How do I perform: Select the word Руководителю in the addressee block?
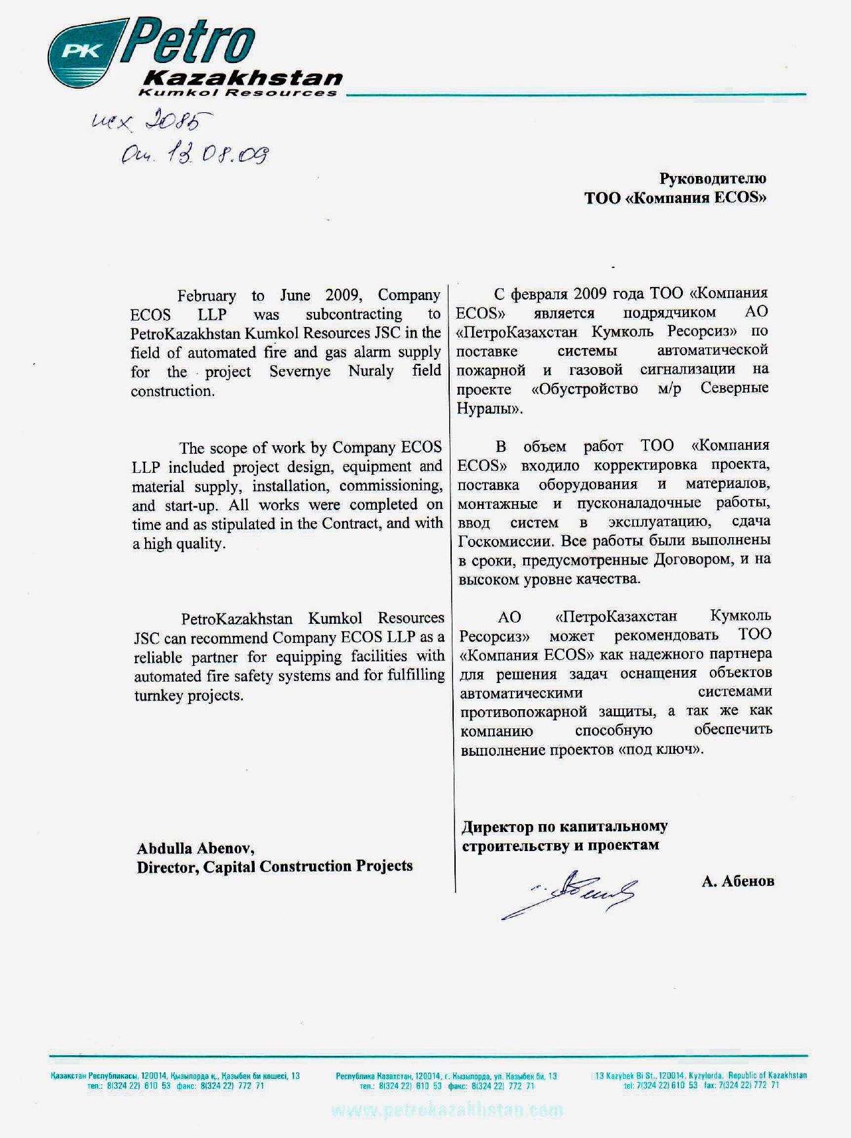(x=712, y=179)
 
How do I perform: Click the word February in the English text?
(x=206, y=296)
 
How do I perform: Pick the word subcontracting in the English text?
(x=353, y=315)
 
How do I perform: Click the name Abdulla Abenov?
(x=195, y=848)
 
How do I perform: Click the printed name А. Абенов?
(x=737, y=882)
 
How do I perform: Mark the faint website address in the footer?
(x=447, y=1110)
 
